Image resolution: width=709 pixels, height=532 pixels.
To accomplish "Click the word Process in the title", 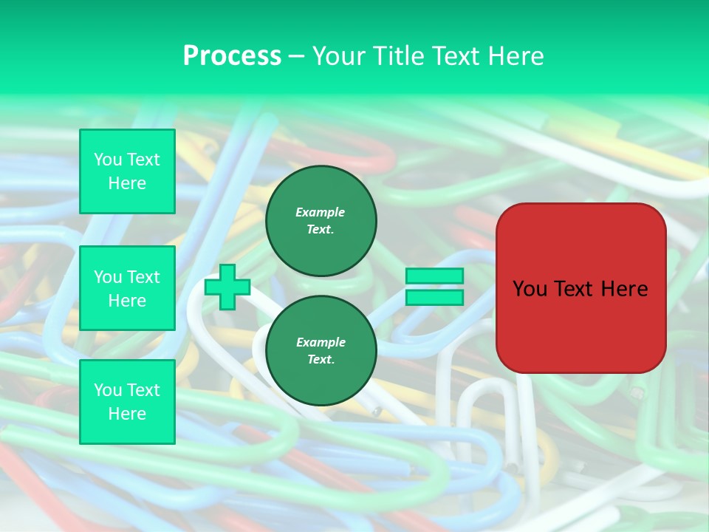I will coord(232,56).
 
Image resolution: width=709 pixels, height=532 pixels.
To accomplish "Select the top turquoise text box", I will coord(127,171).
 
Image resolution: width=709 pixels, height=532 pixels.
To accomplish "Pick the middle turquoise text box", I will coord(127,288).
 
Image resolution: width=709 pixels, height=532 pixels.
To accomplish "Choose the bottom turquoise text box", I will coord(127,402).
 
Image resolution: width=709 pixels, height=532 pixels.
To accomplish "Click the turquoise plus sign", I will coord(227,287).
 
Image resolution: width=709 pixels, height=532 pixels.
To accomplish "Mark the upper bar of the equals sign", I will coord(434,276).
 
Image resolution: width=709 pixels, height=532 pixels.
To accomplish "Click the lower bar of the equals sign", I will coord(434,298).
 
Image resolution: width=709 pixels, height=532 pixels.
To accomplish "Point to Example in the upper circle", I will coord(321,212).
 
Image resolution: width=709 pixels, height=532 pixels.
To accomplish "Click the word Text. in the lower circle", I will coord(321,360).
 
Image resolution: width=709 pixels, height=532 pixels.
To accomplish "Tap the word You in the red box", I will coord(530,289).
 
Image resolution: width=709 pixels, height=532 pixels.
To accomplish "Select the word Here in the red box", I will coord(625,289).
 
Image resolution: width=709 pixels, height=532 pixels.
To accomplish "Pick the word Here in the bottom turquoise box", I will coord(127,414).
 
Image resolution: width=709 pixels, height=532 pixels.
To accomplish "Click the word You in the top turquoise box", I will coord(108,160).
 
